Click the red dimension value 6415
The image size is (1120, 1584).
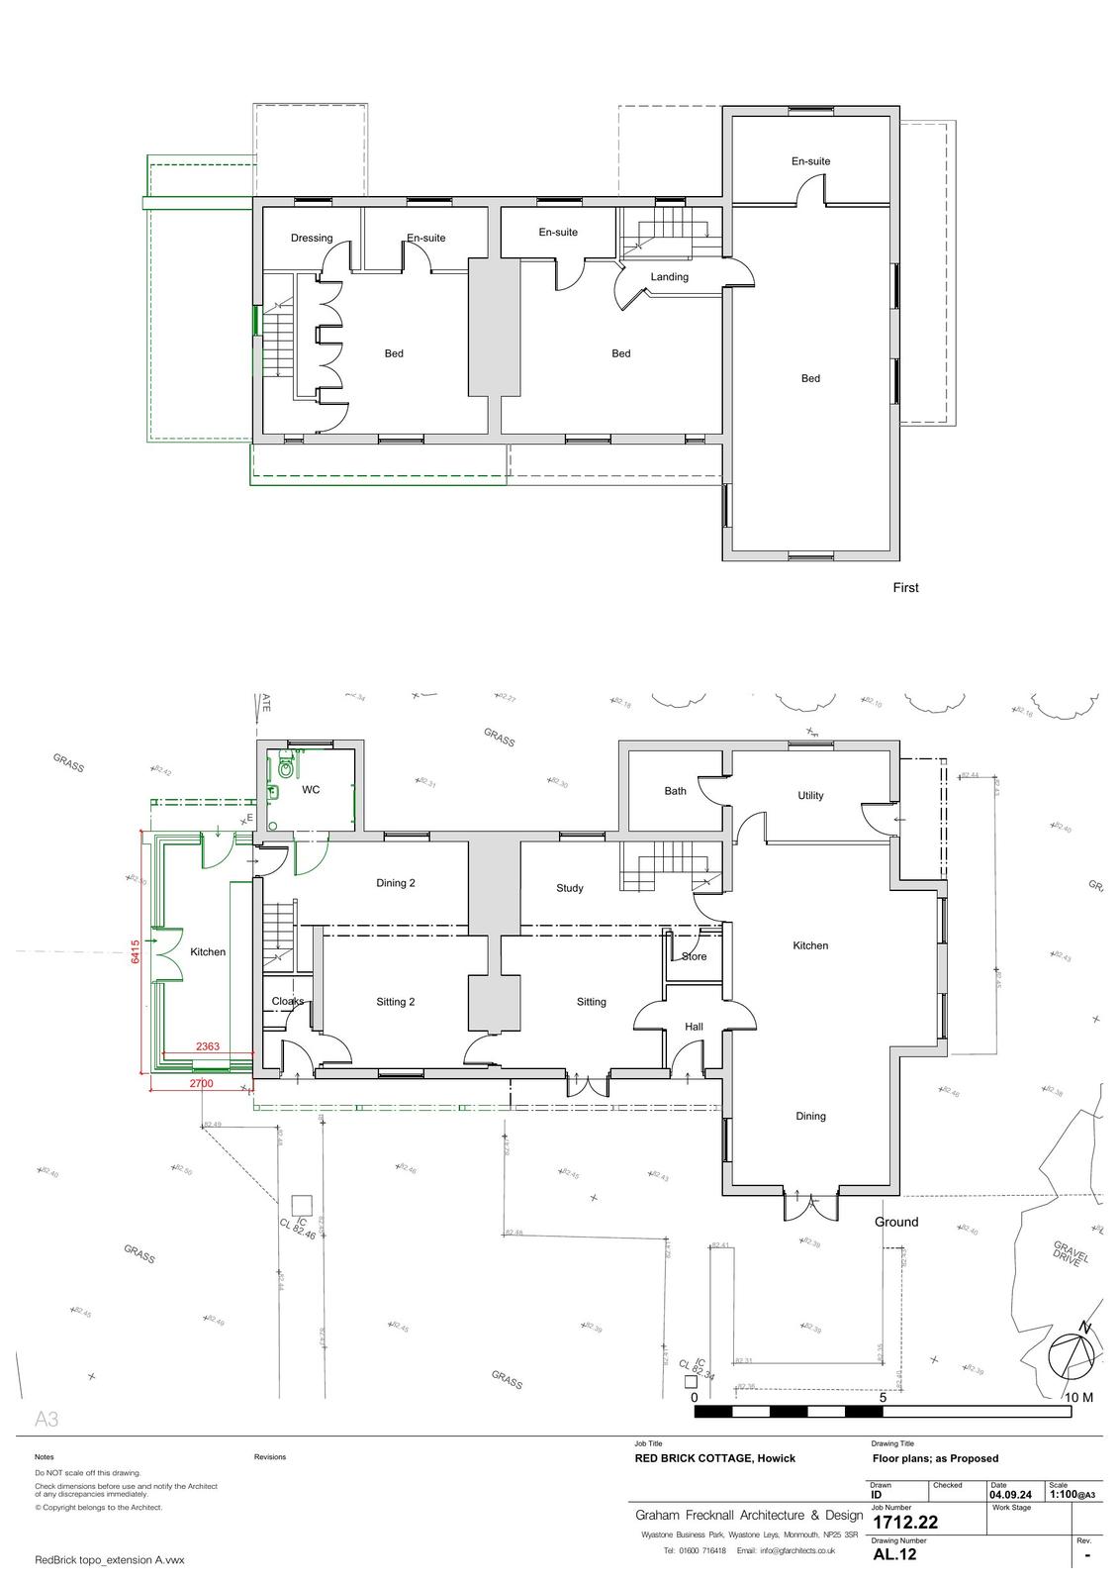tap(136, 951)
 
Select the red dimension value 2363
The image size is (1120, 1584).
tap(208, 1046)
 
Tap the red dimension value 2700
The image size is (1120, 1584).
tap(201, 1084)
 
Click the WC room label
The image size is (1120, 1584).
tap(311, 790)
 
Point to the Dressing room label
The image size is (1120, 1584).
tap(312, 238)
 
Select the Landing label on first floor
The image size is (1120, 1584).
tap(669, 277)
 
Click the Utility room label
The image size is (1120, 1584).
tap(810, 796)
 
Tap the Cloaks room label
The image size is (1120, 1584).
tap(288, 1002)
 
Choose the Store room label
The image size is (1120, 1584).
tap(695, 957)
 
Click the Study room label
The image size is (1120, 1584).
tap(570, 889)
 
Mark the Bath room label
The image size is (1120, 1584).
tap(676, 791)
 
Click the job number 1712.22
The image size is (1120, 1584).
tap(904, 1523)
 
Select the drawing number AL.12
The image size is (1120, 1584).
tap(894, 1554)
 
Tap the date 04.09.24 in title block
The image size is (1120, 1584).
tap(1010, 1495)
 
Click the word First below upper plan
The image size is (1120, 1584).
tap(905, 588)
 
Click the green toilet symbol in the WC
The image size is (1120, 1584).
tap(287, 766)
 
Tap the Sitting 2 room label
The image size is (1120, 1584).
tap(396, 1002)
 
